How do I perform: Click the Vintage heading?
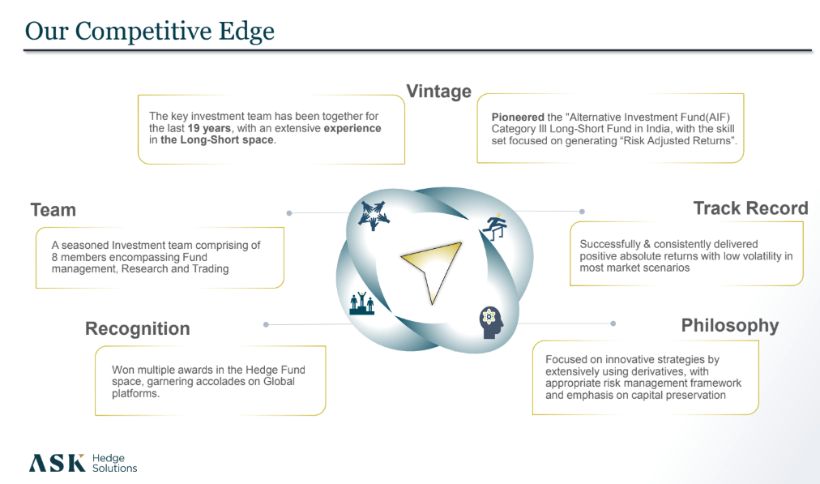(438, 92)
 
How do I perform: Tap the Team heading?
(53, 210)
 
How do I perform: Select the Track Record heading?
(750, 208)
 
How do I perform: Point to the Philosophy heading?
(729, 325)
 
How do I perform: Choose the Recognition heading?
(138, 328)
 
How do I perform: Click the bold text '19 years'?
(209, 128)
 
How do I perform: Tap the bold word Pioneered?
(518, 118)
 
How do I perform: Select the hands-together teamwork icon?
(374, 215)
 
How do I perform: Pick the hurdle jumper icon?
(494, 228)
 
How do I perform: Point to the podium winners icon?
(362, 303)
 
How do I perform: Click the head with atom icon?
(491, 323)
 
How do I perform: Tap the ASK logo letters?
(57, 463)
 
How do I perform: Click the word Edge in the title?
(246, 32)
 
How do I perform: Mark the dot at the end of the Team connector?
(289, 213)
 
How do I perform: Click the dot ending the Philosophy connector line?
(613, 323)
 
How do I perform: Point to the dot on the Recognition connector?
(267, 324)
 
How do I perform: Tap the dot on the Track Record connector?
(582, 212)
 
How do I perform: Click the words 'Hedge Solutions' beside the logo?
(114, 463)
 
